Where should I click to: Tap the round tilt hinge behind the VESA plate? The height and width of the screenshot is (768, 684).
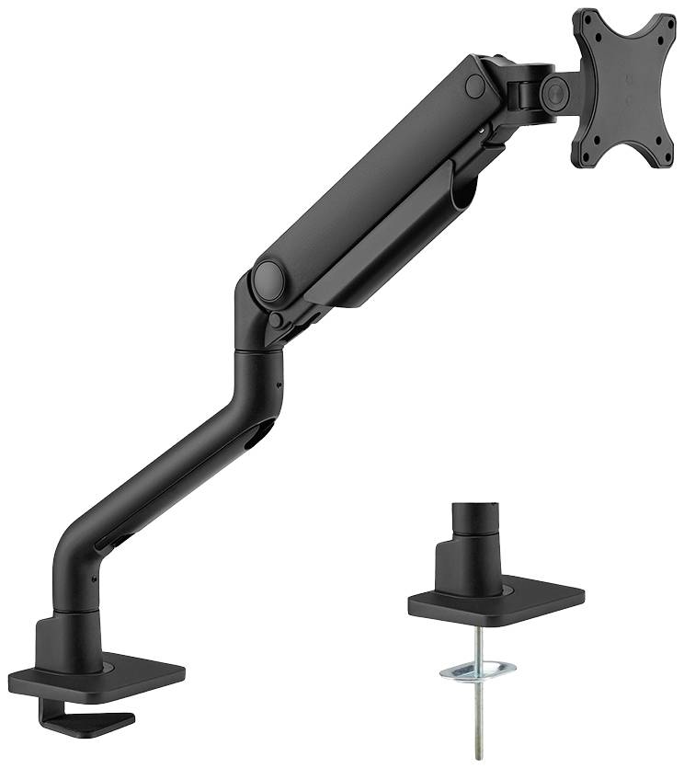554,89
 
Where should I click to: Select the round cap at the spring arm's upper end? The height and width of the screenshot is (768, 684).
474,85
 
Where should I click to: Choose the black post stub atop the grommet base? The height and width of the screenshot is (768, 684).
475,521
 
